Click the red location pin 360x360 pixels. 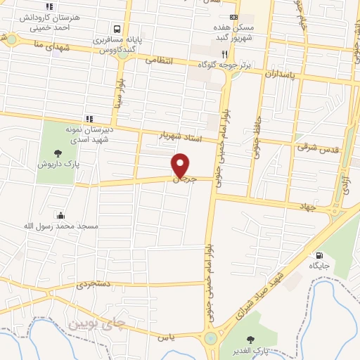pyautogui.click(x=181, y=165)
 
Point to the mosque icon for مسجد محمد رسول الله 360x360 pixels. pyautogui.click(x=61, y=215)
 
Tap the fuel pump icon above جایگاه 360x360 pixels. pyautogui.click(x=321, y=255)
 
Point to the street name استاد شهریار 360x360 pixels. pyautogui.click(x=181, y=134)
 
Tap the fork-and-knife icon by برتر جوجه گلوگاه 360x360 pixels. pyautogui.click(x=225, y=53)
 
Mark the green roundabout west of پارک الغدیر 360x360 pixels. pyautogui.click(x=211, y=340)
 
